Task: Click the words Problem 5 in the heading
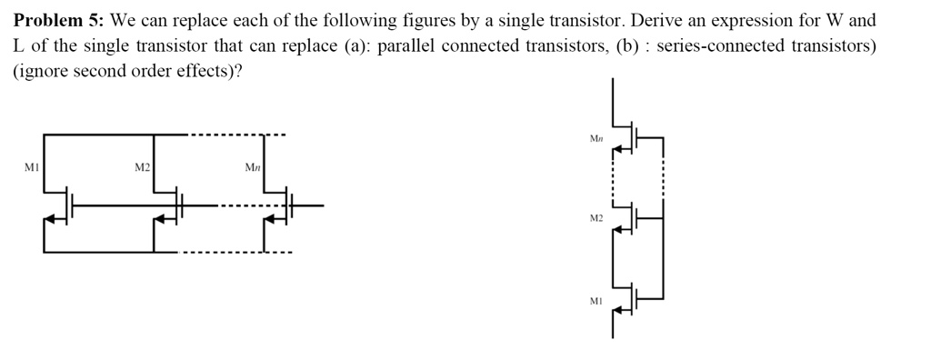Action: pos(57,20)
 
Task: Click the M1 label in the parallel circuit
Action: pos(32,167)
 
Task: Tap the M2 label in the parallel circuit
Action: pos(142,167)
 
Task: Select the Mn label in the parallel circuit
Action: pos(252,167)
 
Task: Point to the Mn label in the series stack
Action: pos(596,139)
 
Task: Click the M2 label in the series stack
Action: pos(596,219)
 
